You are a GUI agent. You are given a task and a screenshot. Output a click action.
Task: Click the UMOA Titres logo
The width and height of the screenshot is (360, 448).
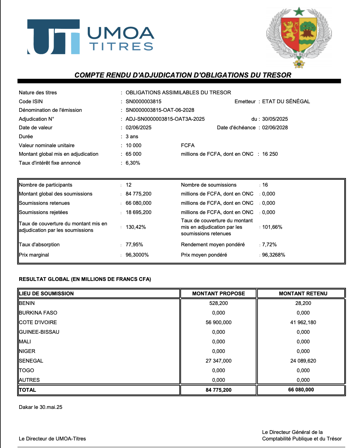click(91, 37)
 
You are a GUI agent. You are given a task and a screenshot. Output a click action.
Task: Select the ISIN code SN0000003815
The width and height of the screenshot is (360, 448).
click(143, 102)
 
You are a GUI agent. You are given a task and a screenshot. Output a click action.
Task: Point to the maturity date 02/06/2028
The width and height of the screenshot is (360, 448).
click(275, 128)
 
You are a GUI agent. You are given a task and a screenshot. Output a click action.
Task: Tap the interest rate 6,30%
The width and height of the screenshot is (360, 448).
click(133, 163)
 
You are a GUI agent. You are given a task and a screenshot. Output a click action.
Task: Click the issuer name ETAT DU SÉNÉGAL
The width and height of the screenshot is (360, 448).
click(286, 102)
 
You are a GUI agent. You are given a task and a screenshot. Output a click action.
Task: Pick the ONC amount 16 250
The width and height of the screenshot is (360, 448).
click(270, 154)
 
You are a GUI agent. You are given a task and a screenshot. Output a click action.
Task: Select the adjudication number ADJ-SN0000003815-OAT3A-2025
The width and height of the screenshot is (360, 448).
click(165, 119)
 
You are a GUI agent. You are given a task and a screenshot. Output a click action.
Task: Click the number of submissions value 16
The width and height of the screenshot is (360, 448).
click(265, 185)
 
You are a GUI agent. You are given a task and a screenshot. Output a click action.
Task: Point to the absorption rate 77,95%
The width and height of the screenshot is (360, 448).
click(134, 245)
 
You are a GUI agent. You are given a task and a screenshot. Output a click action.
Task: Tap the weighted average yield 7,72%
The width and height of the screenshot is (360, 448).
click(269, 245)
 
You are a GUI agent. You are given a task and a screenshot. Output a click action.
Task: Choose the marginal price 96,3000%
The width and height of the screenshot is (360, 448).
click(137, 255)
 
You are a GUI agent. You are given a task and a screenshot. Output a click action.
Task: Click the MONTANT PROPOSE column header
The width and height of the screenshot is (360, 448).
click(218, 294)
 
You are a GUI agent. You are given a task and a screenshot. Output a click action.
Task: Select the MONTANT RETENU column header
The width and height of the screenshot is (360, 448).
click(303, 294)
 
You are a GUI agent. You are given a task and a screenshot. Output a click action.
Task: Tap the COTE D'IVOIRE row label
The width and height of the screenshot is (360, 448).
click(38, 322)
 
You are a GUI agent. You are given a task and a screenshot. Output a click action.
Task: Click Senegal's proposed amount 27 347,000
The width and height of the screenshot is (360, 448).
click(218, 361)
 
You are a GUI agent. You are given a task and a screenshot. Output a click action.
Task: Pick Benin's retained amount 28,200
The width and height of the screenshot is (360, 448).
click(303, 303)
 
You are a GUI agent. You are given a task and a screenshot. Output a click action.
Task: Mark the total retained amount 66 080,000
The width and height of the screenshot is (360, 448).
click(301, 390)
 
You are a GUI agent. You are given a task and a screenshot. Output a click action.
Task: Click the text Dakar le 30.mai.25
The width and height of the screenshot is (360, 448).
click(40, 407)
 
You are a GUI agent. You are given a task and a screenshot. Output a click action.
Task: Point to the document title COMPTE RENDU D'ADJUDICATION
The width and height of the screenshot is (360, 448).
click(183, 75)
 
